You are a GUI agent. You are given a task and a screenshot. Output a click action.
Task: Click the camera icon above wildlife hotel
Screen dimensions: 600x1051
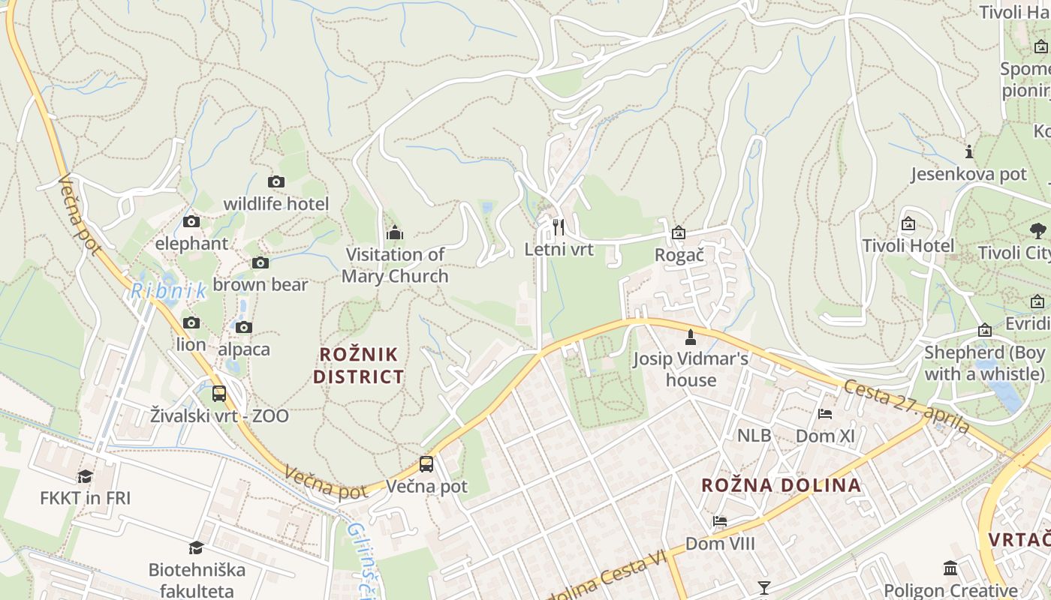pos(276,181)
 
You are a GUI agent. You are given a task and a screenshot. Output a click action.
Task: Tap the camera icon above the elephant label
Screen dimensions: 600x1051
pos(191,221)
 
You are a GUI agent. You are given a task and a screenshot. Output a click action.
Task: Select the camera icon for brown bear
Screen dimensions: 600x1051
pos(260,262)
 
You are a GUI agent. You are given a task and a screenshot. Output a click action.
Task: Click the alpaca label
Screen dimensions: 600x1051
pos(244,349)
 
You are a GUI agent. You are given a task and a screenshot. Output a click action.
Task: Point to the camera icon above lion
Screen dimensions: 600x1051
pos(191,322)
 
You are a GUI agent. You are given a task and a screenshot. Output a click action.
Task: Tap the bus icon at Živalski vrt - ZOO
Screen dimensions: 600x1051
pos(219,393)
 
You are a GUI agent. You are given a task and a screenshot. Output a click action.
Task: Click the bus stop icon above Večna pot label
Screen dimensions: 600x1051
pos(426,463)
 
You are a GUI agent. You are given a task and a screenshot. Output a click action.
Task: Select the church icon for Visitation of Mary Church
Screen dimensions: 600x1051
pos(395,232)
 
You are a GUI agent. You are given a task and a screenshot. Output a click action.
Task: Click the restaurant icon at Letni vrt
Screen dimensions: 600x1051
pos(559,226)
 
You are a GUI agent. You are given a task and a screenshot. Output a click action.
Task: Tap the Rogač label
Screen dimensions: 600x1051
pos(679,255)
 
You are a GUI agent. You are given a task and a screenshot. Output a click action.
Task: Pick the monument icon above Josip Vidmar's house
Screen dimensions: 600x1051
pos(691,337)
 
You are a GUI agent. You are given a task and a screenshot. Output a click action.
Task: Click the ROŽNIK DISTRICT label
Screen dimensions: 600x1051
pos(359,365)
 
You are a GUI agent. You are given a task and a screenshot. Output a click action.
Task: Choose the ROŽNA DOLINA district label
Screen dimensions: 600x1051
pos(781,484)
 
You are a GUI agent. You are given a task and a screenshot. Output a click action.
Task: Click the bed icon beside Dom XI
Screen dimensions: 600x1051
pos(825,414)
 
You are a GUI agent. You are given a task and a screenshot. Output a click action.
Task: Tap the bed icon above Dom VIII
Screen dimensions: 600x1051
pos(720,521)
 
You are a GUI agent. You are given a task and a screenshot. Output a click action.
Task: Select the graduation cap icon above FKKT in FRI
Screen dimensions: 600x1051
pos(85,476)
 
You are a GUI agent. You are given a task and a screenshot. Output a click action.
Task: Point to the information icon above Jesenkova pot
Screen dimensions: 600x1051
pos(969,152)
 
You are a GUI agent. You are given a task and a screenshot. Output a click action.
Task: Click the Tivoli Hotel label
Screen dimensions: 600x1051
pos(908,246)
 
